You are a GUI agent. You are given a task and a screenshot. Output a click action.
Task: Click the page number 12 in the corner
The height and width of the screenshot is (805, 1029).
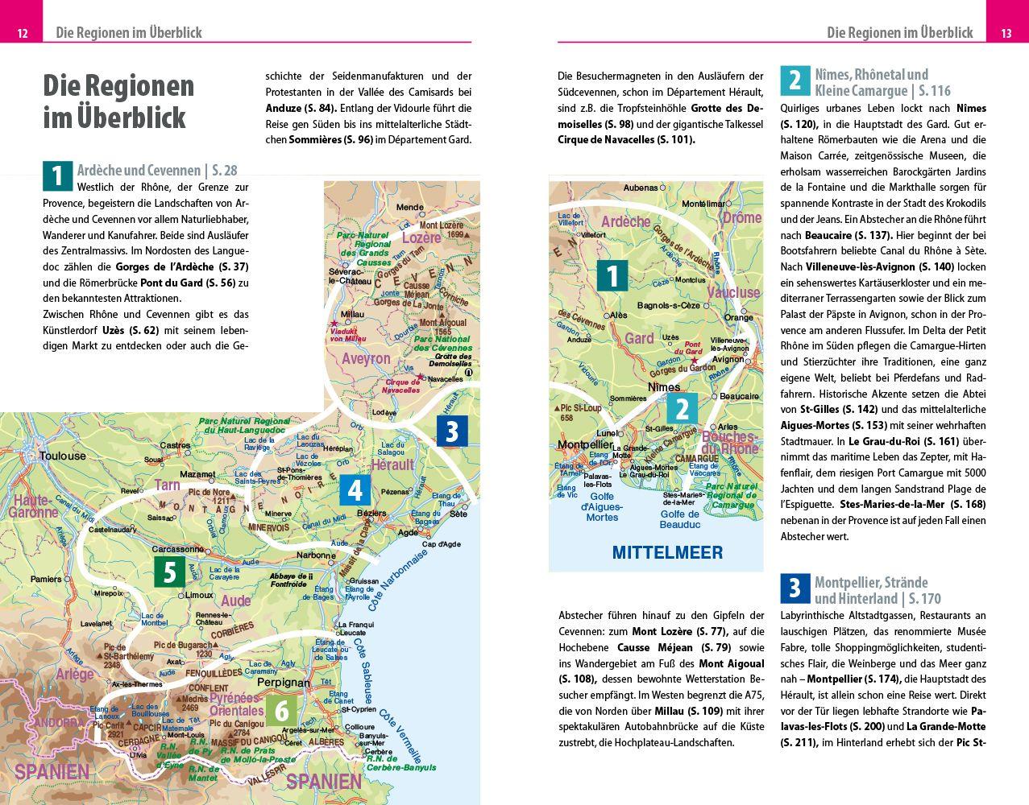click(23, 33)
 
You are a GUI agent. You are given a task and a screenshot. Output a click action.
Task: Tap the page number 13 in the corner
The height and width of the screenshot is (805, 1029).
click(1006, 33)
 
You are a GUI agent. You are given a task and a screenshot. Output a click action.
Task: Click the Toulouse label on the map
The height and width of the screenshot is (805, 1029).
click(62, 456)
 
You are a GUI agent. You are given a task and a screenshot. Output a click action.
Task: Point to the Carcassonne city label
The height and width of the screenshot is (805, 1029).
click(177, 549)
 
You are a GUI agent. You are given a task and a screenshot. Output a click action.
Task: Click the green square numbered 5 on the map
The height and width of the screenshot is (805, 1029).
click(169, 572)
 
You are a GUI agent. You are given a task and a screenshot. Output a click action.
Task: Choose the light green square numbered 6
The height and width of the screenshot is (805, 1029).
click(281, 711)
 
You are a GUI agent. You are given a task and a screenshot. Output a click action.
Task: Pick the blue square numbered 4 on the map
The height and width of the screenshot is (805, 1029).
click(355, 489)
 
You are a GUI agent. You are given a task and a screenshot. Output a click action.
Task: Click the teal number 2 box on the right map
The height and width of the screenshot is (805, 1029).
click(682, 408)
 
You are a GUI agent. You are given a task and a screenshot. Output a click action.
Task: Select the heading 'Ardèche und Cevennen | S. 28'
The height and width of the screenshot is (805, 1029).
click(156, 170)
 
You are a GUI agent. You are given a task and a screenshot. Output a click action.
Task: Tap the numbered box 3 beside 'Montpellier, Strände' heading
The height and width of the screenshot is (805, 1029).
click(794, 588)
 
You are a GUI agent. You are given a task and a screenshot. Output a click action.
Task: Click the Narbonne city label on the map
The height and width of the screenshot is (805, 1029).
click(315, 555)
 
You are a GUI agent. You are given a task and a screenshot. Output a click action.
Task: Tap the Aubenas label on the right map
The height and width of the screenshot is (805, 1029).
click(641, 188)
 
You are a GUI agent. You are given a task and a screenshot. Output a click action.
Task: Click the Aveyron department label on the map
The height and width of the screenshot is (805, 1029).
click(366, 359)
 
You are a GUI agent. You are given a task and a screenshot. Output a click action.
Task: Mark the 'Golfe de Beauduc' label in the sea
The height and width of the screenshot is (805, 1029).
click(679, 519)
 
